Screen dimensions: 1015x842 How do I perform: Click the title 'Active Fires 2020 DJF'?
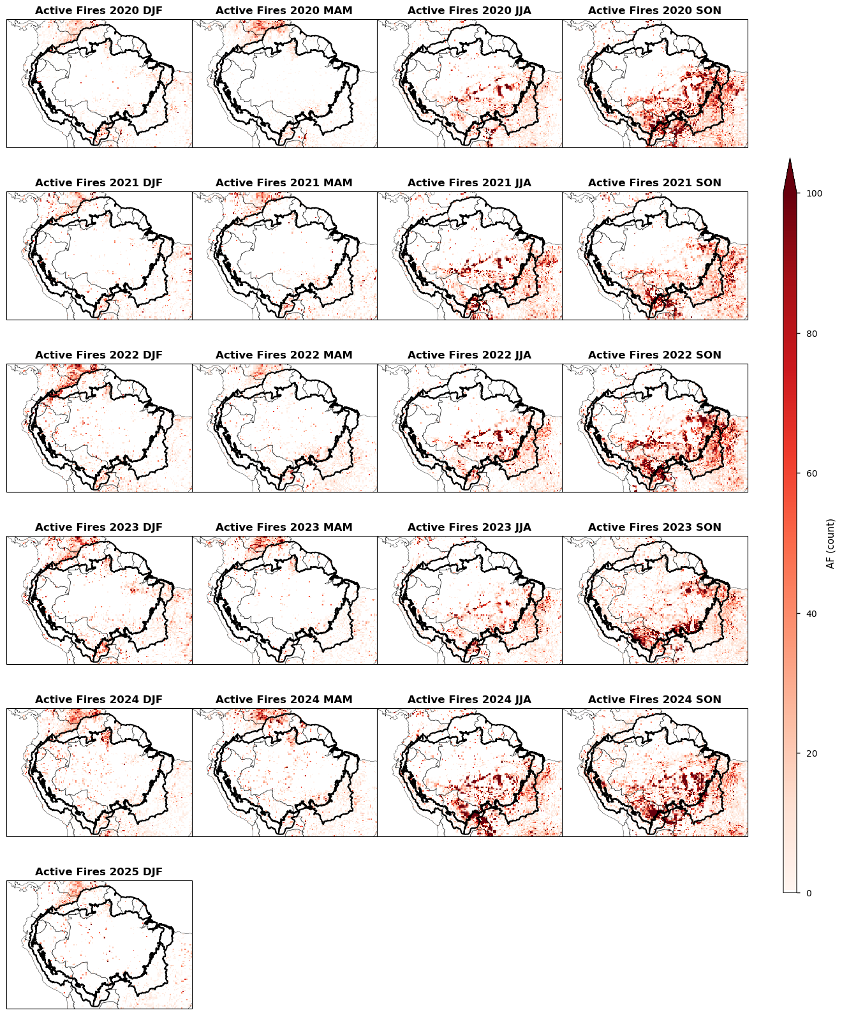[x=99, y=11]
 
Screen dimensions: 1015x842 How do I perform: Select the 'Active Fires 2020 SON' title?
[x=654, y=11]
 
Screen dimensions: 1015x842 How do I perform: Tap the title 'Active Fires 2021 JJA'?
[x=469, y=183]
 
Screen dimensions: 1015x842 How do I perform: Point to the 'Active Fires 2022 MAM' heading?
[x=284, y=355]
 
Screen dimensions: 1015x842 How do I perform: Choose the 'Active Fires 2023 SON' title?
[x=654, y=528]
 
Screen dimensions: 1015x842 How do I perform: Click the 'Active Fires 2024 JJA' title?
[x=469, y=700]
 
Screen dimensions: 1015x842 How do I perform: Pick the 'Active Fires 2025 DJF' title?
[x=99, y=872]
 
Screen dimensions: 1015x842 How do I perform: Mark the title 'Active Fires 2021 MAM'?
[x=284, y=183]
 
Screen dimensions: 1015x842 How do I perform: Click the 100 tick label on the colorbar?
[x=813, y=193]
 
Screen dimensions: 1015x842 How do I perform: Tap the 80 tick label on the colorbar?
[x=811, y=334]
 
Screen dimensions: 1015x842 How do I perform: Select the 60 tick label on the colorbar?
[x=811, y=473]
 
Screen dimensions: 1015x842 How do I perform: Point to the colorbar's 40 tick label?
[x=811, y=614]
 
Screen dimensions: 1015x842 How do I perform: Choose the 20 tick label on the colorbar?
[x=811, y=753]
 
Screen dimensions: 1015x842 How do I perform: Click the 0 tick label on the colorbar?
[x=809, y=893]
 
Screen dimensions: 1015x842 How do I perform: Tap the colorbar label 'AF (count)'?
[x=831, y=543]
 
